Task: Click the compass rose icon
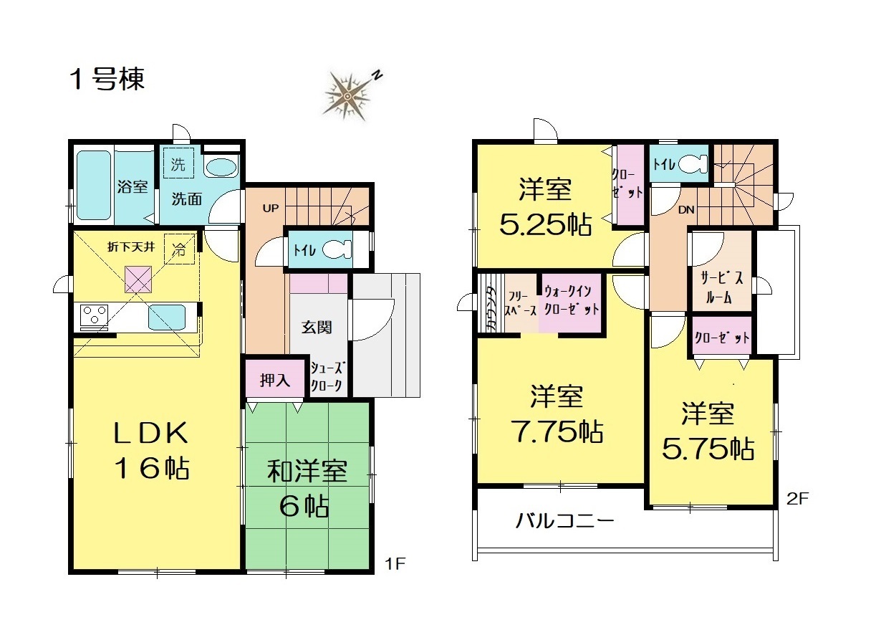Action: coord(347,96)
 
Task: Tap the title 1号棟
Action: coord(107,80)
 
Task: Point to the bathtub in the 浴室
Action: coord(94,186)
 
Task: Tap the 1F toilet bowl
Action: coord(337,249)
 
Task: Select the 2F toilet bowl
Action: coord(693,163)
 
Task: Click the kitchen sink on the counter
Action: coord(167,317)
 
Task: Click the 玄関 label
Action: coord(317,327)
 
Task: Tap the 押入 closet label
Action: coord(275,380)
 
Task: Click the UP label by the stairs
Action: coord(271,209)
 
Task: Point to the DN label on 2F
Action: coord(686,210)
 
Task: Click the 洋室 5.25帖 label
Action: coord(546,206)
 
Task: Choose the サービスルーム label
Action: coord(721,288)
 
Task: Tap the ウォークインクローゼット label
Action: coord(572,300)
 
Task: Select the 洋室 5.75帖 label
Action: coord(708,431)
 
